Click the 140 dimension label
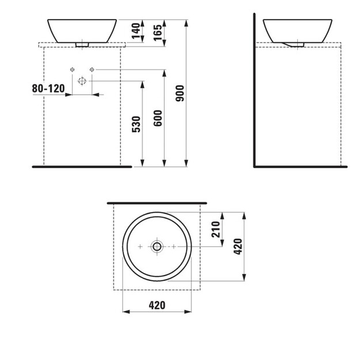(x=136, y=31)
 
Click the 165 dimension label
(x=158, y=33)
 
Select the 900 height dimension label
(x=180, y=93)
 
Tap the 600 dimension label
(x=158, y=118)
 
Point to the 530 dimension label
(x=136, y=124)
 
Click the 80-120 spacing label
(x=48, y=89)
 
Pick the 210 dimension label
(x=216, y=229)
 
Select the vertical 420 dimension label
(x=238, y=247)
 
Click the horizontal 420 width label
(x=157, y=305)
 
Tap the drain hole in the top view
(x=157, y=247)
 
